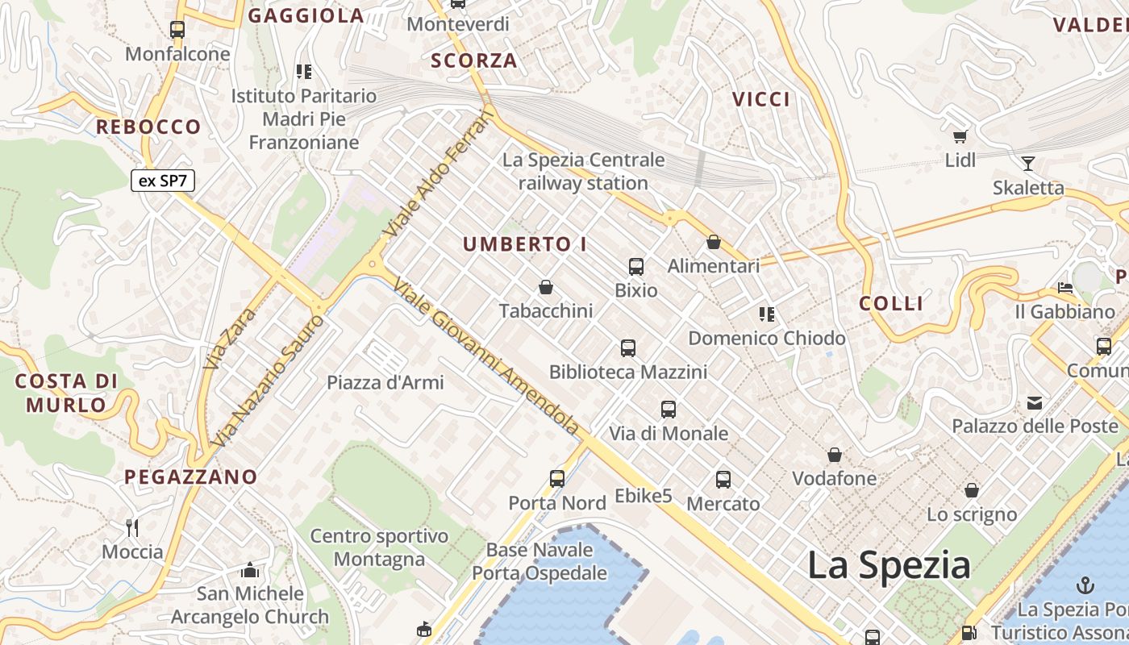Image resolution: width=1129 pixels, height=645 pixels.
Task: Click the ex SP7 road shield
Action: coord(162,181)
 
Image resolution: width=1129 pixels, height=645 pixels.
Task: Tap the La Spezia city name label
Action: coord(889,565)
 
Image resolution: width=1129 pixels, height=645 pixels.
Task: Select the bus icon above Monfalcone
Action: coord(177,30)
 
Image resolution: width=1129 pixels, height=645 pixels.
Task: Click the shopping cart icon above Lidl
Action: coord(960,136)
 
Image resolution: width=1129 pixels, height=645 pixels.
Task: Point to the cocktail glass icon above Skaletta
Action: coord(1027,164)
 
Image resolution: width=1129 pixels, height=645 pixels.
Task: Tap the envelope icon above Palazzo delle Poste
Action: coord(1035,402)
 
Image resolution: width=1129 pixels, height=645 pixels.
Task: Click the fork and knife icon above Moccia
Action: coord(132,528)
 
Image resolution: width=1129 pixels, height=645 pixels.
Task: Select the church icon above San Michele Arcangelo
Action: coord(250,571)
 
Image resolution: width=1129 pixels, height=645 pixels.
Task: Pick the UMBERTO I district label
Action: coord(525,244)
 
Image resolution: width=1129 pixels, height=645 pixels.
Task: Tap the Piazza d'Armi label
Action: coord(385,382)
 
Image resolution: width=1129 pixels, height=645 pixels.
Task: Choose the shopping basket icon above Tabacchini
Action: coord(546,287)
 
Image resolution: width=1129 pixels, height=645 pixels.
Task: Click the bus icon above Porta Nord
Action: coord(557,478)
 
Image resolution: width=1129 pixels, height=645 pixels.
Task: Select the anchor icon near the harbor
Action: coord(1085,585)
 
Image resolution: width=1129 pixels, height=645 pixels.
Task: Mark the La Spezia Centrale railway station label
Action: coord(583,172)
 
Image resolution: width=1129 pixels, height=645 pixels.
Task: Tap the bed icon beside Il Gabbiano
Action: coord(1065,288)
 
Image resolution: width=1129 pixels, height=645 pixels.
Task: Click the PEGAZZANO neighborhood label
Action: coord(190,476)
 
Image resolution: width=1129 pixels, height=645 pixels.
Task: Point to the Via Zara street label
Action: coord(229,337)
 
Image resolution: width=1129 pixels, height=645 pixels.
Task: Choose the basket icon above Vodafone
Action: coord(835,456)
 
